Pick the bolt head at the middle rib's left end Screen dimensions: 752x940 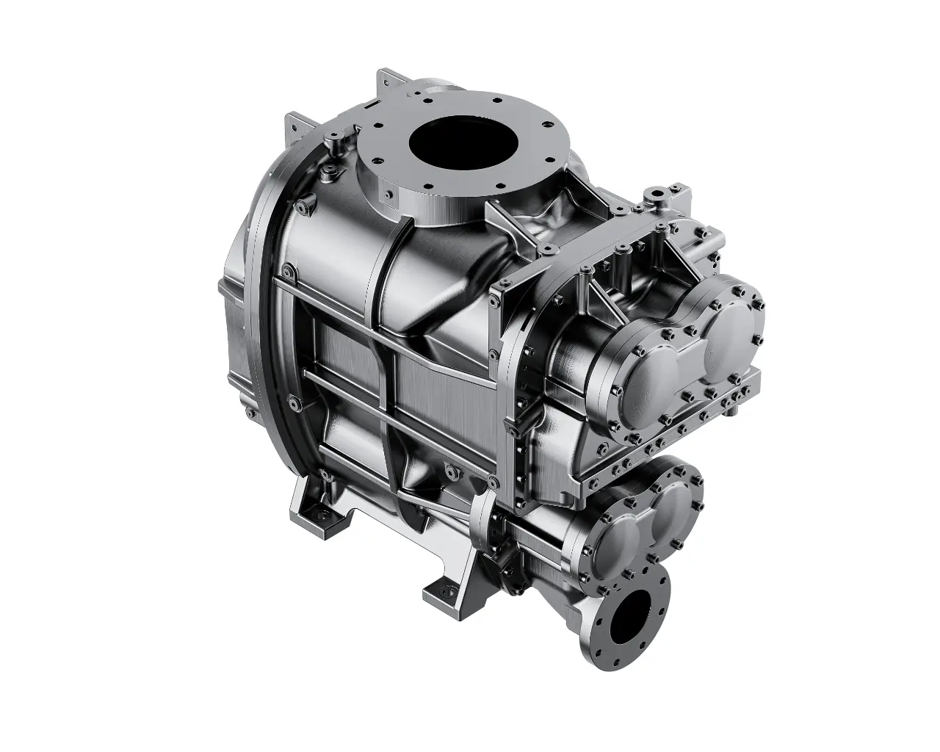[294, 402]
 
